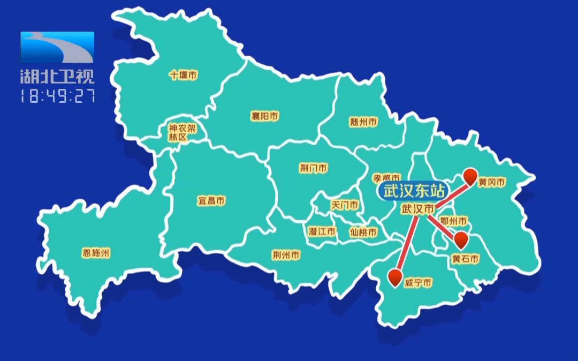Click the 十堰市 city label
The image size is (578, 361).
pyautogui.click(x=184, y=76)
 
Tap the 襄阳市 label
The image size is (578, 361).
pyautogui.click(x=265, y=116)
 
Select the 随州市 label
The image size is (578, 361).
pyautogui.click(x=363, y=122)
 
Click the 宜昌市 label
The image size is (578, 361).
pyautogui.click(x=211, y=201)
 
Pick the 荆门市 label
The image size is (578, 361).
pyautogui.click(x=314, y=169)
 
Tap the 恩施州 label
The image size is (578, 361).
pyautogui.click(x=96, y=253)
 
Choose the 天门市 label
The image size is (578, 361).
pyautogui.click(x=345, y=205)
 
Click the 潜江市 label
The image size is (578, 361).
pyautogui.click(x=322, y=232)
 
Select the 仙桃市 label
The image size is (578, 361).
pyautogui.click(x=363, y=232)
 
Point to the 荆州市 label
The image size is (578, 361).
pyautogui.click(x=286, y=255)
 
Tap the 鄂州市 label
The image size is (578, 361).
pyautogui.click(x=453, y=221)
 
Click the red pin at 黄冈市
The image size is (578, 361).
pyautogui.click(x=470, y=176)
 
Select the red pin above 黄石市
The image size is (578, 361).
pyautogui.click(x=460, y=239)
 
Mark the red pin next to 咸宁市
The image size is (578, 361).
pyautogui.click(x=396, y=276)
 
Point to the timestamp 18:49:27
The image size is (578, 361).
pyautogui.click(x=57, y=96)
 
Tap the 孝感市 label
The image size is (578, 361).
pyautogui.click(x=386, y=177)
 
